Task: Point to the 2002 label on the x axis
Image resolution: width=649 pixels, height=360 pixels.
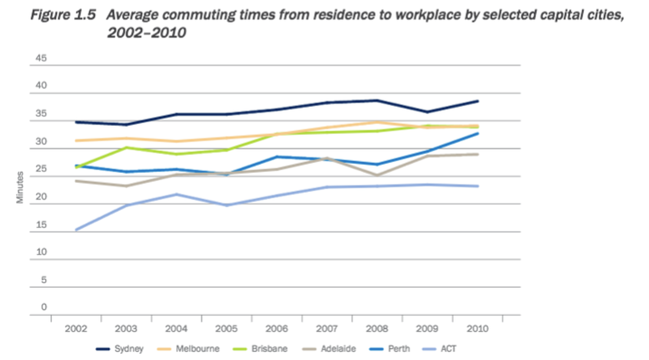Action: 76,328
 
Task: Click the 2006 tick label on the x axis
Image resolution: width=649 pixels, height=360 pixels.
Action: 277,328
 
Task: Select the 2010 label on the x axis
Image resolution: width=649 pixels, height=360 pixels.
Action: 478,328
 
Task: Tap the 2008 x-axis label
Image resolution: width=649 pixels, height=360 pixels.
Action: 377,328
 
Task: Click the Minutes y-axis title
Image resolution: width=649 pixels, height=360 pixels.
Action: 20,188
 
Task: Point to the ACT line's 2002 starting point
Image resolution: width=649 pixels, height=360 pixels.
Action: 76,230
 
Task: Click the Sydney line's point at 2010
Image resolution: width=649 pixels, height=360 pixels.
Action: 478,101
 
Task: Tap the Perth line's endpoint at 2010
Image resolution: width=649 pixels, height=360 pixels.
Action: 478,134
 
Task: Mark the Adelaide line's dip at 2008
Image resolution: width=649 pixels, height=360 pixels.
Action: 377,175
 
